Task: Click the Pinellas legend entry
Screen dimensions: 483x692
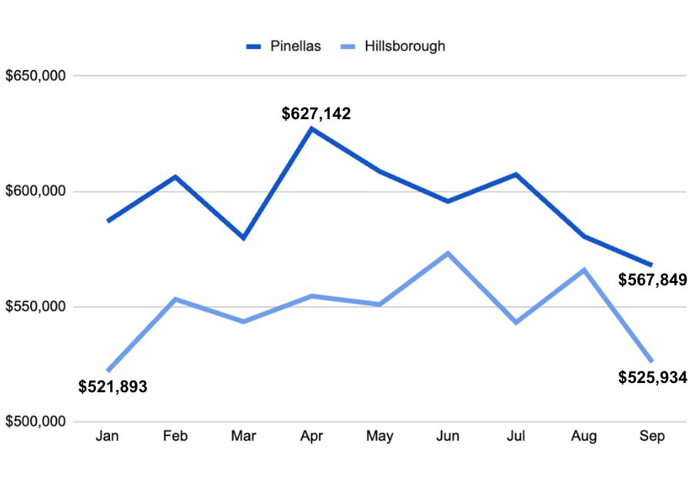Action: (283, 46)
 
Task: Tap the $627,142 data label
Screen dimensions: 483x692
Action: (316, 114)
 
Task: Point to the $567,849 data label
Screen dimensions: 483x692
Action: (653, 279)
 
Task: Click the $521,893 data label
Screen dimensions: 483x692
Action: (113, 386)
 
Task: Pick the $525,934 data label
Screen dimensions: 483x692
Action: (653, 377)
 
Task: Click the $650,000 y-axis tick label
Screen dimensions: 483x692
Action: (36, 76)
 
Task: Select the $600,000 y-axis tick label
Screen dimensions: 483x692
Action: (36, 192)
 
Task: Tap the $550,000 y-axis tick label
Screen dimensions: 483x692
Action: (36, 307)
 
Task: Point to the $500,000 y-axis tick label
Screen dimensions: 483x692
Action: (36, 422)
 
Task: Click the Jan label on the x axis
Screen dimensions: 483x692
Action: (108, 437)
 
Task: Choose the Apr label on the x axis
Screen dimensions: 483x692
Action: (311, 437)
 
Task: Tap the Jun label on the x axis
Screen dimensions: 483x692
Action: (447, 437)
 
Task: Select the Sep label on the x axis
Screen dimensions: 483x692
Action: (652, 437)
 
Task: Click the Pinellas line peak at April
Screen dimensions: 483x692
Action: (311, 128)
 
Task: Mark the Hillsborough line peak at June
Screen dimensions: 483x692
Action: (447, 253)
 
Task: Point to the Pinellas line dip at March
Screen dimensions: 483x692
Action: (244, 238)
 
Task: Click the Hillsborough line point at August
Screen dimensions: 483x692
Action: (584, 269)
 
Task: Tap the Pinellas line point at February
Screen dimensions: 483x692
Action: (176, 177)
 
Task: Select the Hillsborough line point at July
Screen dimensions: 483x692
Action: (516, 322)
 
